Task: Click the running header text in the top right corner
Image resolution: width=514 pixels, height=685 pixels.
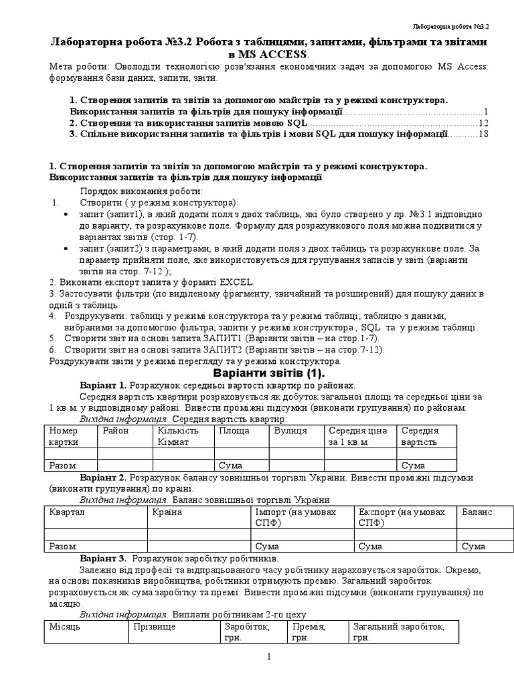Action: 450,27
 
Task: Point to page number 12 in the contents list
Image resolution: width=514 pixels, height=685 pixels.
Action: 484,123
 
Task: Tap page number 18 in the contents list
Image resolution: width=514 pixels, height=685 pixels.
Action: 484,134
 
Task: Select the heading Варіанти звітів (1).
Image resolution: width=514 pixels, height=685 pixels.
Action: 268,373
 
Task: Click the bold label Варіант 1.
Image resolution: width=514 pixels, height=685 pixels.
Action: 103,385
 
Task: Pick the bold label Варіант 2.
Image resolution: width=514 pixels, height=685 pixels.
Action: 103,478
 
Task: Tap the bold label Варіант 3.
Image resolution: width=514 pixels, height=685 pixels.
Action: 103,558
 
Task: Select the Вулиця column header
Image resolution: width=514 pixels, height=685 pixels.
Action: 290,431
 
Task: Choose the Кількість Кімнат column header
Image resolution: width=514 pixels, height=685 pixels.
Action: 178,436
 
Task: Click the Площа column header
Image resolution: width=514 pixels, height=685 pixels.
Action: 234,431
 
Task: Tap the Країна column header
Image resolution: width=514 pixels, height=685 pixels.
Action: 167,512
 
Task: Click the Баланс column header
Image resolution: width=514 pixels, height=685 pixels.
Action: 477,512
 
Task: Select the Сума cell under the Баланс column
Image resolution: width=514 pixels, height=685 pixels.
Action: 474,547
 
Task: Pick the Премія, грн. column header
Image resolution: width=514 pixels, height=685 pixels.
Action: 308,632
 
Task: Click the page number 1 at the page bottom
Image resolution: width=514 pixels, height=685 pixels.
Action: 268,657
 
